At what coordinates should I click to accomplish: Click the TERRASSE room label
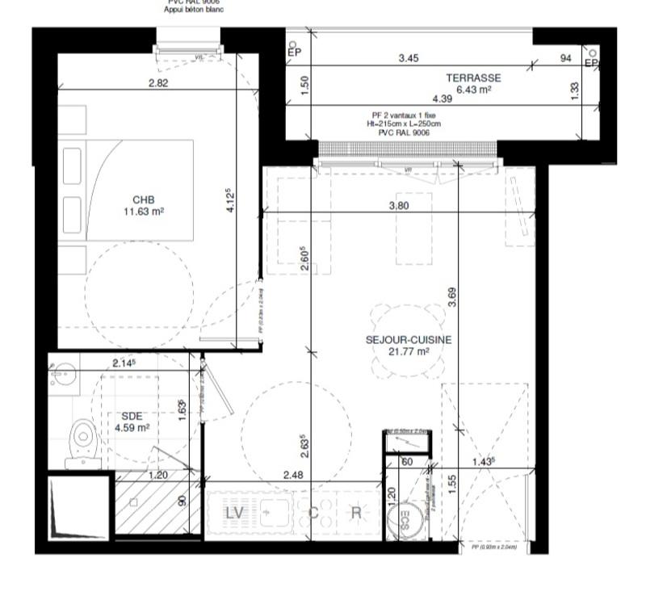(473, 78)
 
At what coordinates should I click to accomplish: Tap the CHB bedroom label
(144, 200)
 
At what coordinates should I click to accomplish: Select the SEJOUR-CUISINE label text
(408, 340)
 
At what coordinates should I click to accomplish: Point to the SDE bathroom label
(132, 417)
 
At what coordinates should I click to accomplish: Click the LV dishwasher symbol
(235, 512)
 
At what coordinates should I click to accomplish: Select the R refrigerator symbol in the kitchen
(356, 512)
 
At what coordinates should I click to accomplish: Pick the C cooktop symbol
(314, 512)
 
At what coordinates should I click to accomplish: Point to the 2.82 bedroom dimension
(158, 83)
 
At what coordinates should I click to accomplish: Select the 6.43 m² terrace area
(474, 90)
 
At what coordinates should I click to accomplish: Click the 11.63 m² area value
(144, 212)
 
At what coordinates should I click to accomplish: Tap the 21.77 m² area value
(408, 352)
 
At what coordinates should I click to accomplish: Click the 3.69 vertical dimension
(453, 298)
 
